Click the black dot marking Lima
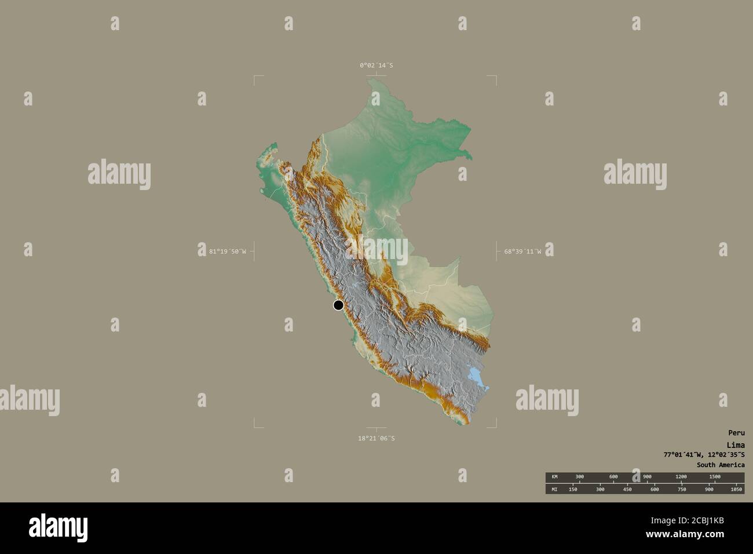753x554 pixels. (x=338, y=305)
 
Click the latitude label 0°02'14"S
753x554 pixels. (x=376, y=65)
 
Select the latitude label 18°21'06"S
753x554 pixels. (x=376, y=438)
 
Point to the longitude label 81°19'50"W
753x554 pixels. (x=227, y=252)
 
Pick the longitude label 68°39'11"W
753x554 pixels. (x=522, y=252)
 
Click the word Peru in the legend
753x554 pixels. (x=736, y=432)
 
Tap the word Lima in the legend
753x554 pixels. (x=736, y=444)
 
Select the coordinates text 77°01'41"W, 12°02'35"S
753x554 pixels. (x=704, y=455)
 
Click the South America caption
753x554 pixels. (x=721, y=465)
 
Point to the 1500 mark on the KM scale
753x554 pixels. (x=715, y=477)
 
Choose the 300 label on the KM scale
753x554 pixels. (x=579, y=477)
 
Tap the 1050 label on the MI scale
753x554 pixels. (x=736, y=489)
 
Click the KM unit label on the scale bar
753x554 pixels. (x=554, y=477)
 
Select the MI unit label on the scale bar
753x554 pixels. (x=554, y=489)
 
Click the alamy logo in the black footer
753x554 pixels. (x=59, y=527)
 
